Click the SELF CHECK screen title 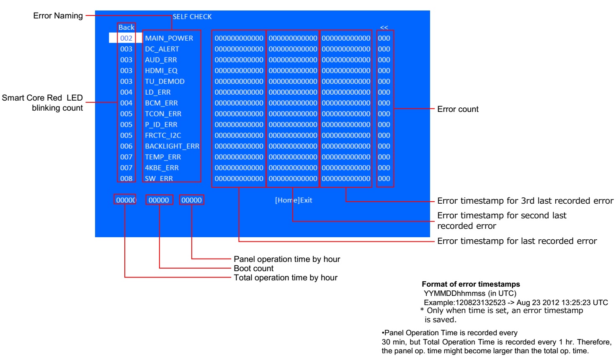point(192,17)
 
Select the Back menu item point(126,27)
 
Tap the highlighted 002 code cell point(126,38)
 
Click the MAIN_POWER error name point(169,38)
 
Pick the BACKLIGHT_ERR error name point(172,146)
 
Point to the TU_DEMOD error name point(165,81)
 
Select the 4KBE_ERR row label point(162,168)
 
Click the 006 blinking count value point(126,146)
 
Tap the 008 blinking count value point(126,179)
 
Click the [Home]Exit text point(293,200)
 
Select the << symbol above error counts point(384,28)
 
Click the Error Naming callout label point(58,16)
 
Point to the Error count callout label point(458,109)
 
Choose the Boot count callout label point(253,268)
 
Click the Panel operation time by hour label point(286,259)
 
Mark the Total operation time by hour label point(285,277)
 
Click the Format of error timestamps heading point(471,284)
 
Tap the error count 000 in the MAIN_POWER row point(384,38)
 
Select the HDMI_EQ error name point(161,70)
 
